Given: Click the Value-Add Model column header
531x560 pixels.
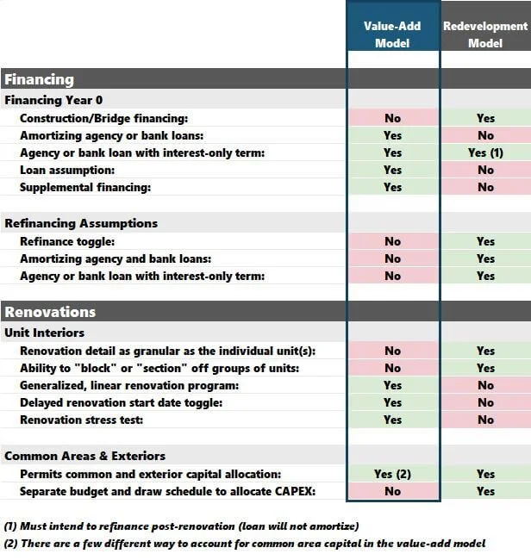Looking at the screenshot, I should [x=392, y=34].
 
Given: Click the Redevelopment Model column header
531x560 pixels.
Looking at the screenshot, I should [x=485, y=34].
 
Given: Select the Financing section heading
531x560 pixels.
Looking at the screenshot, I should [x=40, y=79].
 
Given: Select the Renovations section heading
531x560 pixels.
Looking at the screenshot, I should [x=50, y=312].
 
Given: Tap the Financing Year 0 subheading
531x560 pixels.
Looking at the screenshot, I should [x=54, y=100].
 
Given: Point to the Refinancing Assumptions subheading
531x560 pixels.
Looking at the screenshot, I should [x=81, y=223].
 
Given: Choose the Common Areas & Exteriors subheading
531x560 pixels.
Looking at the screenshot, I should [x=84, y=456].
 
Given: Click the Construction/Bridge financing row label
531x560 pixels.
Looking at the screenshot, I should [x=103, y=118].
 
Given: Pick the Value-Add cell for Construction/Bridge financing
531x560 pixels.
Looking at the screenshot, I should [x=392, y=118].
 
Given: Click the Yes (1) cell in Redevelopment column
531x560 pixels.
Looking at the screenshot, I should [x=485, y=152].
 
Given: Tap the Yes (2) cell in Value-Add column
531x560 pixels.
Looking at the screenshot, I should [x=392, y=474].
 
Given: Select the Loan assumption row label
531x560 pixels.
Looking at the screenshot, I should [x=68, y=170].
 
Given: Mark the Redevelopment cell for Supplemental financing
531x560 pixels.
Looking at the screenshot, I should [x=485, y=187].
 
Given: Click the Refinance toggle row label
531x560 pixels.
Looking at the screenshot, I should [x=67, y=241].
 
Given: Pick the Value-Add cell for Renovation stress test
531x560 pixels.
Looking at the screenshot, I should [x=392, y=420].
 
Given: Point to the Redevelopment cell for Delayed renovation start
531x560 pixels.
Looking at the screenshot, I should [x=485, y=402].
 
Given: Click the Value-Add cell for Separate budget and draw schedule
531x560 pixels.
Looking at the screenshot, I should [x=392, y=491].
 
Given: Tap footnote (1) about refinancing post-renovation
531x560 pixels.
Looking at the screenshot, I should [x=181, y=526].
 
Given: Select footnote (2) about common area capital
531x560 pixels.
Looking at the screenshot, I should [x=244, y=543].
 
